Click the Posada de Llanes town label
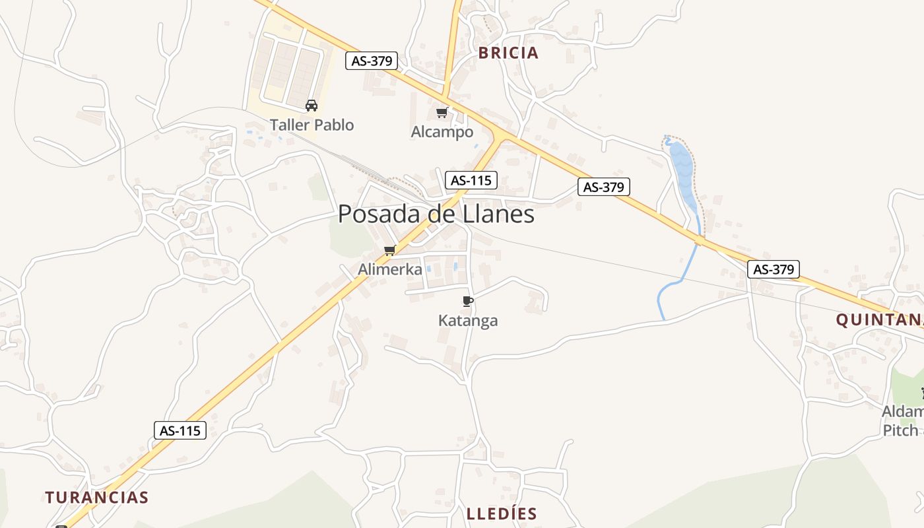(x=436, y=214)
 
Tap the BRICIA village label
(x=508, y=53)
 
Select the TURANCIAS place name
(x=97, y=497)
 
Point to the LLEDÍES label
(x=502, y=513)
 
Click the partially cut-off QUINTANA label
(x=879, y=320)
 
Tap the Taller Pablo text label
(x=312, y=125)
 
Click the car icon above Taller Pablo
(x=312, y=105)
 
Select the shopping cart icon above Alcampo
(x=442, y=112)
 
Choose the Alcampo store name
(x=442, y=132)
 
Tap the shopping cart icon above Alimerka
(x=390, y=250)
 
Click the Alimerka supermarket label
(x=390, y=269)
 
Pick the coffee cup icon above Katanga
(x=468, y=302)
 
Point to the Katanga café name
(x=468, y=321)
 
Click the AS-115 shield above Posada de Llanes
(x=471, y=180)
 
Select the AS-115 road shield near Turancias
(x=181, y=431)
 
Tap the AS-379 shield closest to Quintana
(x=774, y=269)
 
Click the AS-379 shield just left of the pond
(x=604, y=187)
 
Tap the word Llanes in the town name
(x=500, y=214)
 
